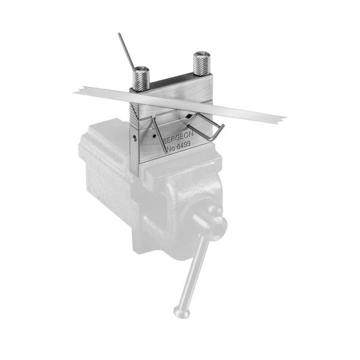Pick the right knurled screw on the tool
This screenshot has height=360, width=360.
tap(202, 64)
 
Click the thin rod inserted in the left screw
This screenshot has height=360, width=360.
tap(126, 51)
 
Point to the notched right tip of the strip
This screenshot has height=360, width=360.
tap(282, 119)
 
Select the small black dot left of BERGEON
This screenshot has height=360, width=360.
tap(155, 136)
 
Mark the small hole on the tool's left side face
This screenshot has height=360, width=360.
tap(134, 138)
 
